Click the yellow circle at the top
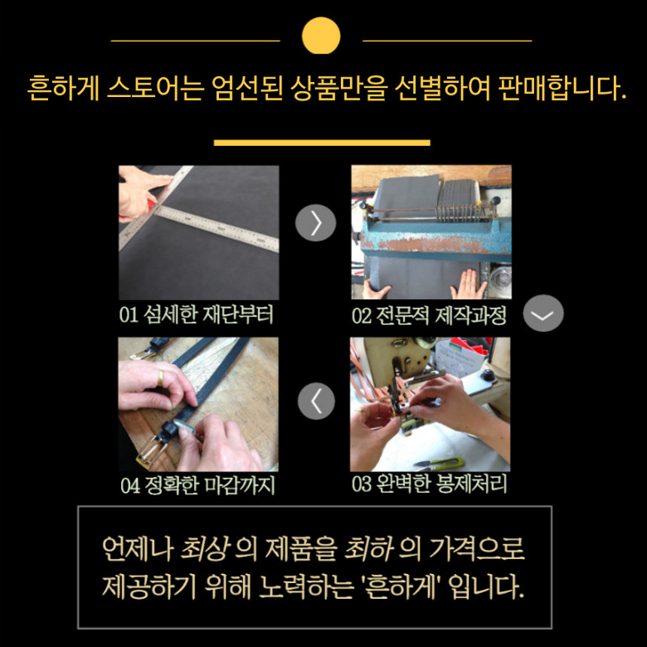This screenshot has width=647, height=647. (321, 35)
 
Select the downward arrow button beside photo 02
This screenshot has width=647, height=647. (542, 314)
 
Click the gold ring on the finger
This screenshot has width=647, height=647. (161, 376)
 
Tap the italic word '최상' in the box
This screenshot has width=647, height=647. (205, 549)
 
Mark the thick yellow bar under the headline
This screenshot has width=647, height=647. (322, 142)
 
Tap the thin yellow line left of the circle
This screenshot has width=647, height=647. (195, 40)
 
